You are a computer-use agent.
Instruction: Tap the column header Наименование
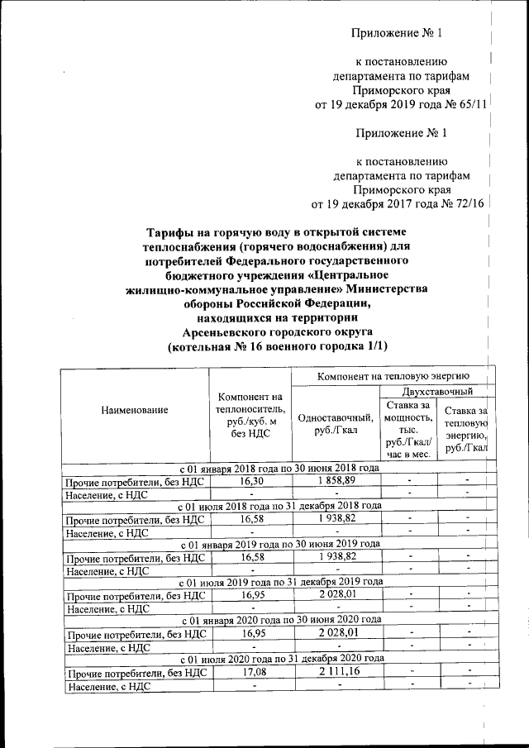134,410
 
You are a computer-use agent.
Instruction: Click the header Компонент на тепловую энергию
391,377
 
